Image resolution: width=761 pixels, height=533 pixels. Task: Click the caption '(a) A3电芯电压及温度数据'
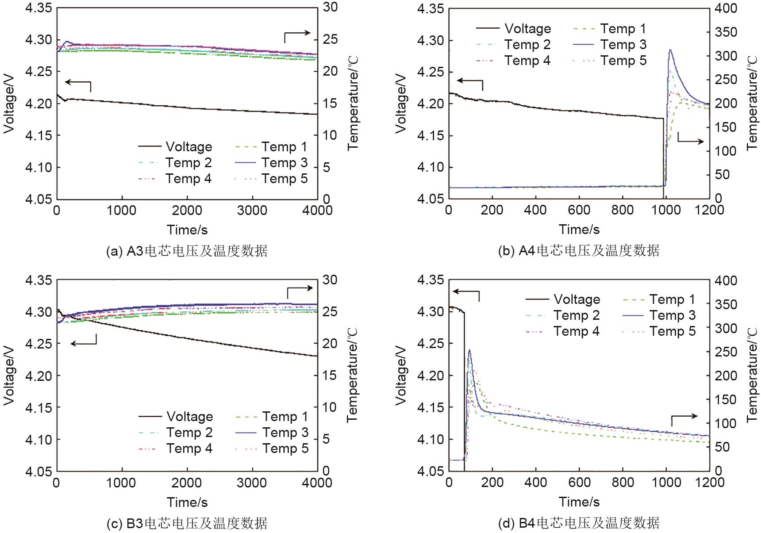[x=187, y=251]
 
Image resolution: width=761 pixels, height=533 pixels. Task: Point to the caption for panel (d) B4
[x=579, y=523]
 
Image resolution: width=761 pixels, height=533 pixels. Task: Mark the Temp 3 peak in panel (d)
[x=469, y=350]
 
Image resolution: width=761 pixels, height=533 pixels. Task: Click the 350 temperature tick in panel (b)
[x=726, y=32]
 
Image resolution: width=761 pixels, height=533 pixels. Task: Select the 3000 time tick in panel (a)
[x=252, y=210]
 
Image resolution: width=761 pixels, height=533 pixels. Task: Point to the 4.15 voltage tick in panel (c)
[x=38, y=407]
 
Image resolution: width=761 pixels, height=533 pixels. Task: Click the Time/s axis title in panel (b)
[x=579, y=230]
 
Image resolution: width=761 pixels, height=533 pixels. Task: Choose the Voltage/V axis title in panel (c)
[x=9, y=376]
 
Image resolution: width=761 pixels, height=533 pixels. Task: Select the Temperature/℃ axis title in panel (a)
[x=353, y=103]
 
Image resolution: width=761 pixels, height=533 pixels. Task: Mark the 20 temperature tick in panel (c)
[x=330, y=344]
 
